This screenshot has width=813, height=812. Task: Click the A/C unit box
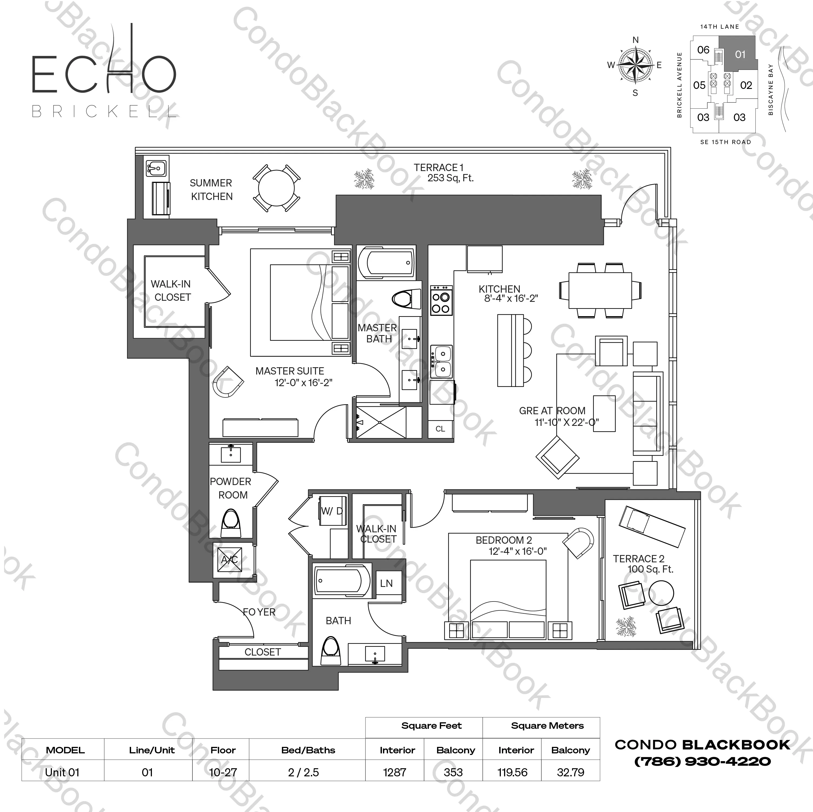pos(230,560)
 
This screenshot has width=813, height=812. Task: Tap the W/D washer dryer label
pos(332,511)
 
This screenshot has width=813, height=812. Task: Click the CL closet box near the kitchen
pos(440,429)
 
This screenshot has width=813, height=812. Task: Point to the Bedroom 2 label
pos(504,540)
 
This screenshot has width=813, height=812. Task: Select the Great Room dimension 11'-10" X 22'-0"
pos(567,422)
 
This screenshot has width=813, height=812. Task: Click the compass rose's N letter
pos(635,40)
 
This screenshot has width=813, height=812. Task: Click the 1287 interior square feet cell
pos(395,773)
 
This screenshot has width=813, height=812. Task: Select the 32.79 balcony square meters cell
pos(570,773)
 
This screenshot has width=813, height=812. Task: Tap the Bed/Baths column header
pos(308,750)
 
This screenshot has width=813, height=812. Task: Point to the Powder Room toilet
pos(231,523)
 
